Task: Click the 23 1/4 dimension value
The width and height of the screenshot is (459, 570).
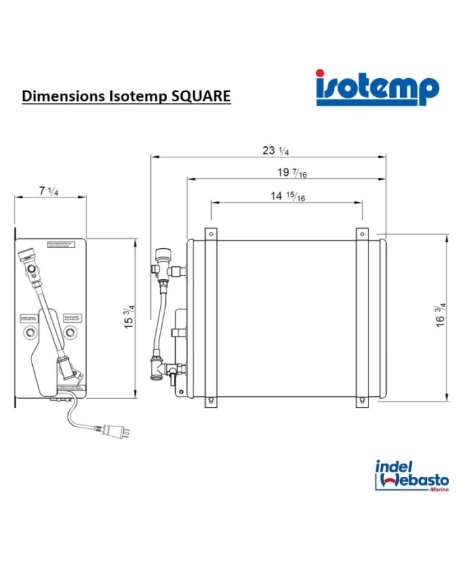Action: click(x=275, y=150)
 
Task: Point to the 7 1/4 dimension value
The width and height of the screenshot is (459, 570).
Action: click(x=49, y=191)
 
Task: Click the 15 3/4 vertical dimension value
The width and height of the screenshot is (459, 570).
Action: click(x=130, y=317)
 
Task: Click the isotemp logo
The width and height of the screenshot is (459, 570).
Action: click(x=376, y=87)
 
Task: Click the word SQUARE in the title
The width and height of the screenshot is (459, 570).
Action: click(x=201, y=96)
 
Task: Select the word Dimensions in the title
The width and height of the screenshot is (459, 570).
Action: click(x=58, y=96)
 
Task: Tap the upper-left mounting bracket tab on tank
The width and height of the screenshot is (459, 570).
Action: click(x=210, y=234)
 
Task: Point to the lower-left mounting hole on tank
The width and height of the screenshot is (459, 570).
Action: click(x=210, y=401)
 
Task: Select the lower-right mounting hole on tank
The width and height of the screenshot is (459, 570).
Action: click(x=363, y=401)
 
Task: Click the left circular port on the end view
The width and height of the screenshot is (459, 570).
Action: click(x=30, y=333)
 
